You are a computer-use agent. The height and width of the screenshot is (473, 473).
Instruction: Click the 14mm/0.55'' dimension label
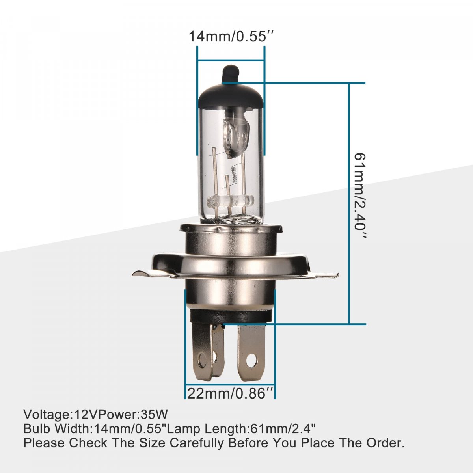pos(231,37)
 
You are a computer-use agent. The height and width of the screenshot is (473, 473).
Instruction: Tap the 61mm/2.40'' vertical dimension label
pos(361,196)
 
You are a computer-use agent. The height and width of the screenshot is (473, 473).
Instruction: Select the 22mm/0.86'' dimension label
pos(230,394)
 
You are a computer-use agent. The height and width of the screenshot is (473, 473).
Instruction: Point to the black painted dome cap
pos(231,95)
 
